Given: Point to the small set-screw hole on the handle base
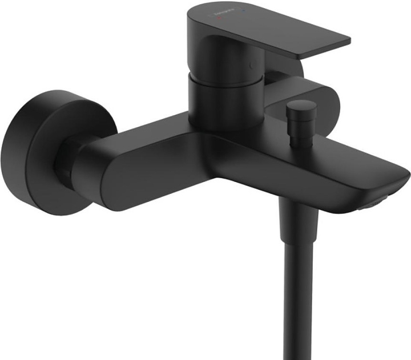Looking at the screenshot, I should pyautogui.click(x=251, y=65).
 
